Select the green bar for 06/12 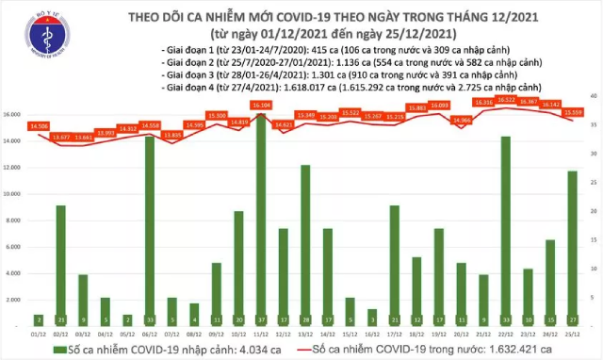point(150,226)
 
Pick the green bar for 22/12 point(506,226)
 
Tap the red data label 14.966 point(462,120)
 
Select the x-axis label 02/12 point(61,332)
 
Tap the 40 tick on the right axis point(592,96)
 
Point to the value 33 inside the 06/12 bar point(150,319)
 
